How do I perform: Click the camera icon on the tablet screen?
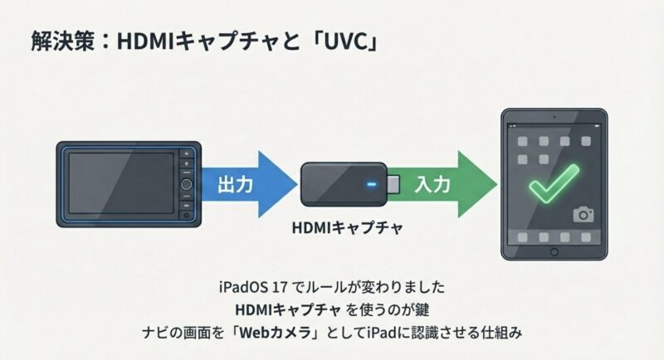click(584, 214)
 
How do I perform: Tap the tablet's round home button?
click(554, 251)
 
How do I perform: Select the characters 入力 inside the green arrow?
click(432, 184)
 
